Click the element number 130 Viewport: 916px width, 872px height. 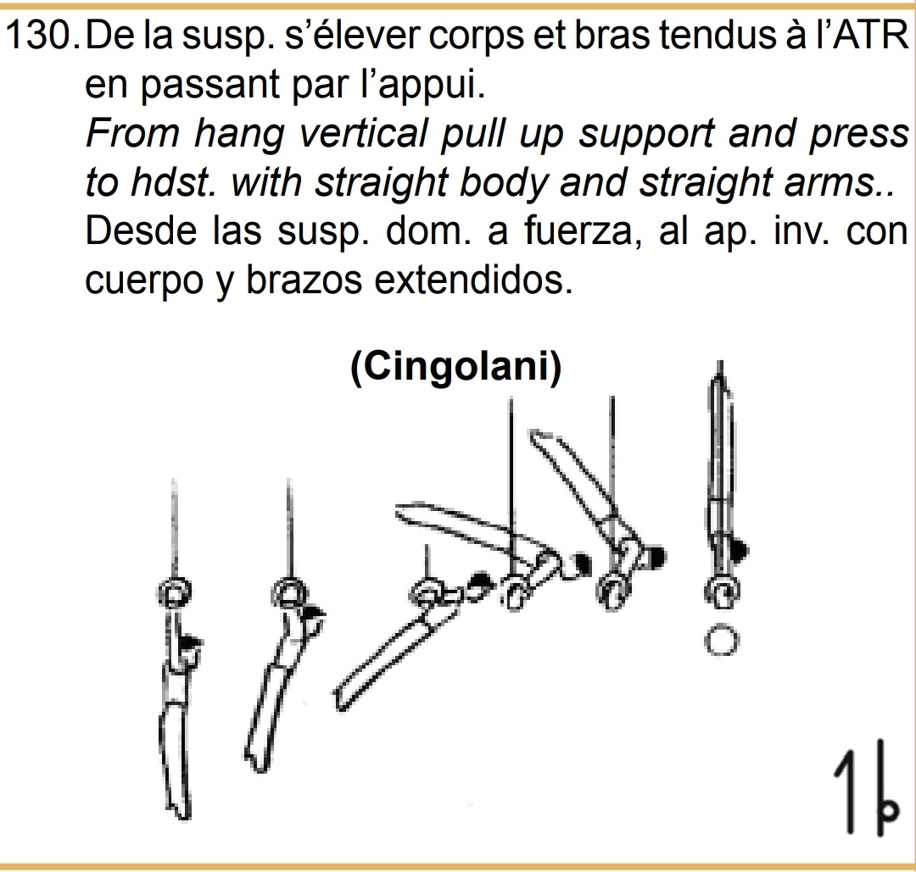click(42, 39)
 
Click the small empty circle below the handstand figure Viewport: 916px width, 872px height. click(720, 642)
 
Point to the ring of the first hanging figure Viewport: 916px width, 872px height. click(174, 593)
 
